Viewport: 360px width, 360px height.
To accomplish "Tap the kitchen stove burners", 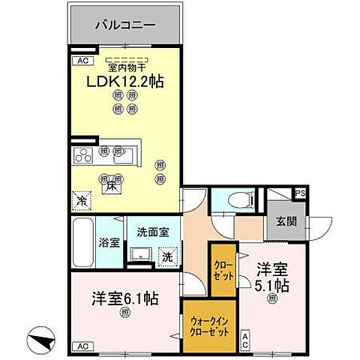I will point(82,155).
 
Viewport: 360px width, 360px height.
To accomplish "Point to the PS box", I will point(300,193).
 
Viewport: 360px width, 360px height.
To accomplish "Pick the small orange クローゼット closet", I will point(223,268).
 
